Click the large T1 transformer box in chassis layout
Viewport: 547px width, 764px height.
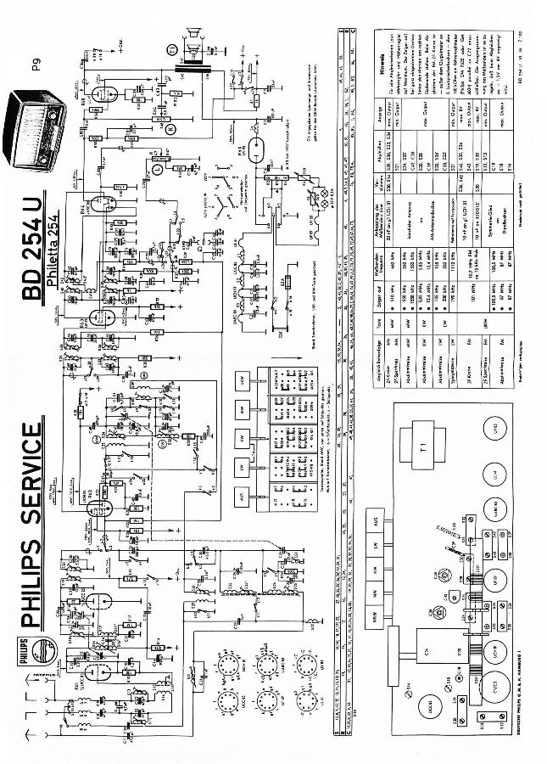425,447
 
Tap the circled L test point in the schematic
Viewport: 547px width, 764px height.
159,169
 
